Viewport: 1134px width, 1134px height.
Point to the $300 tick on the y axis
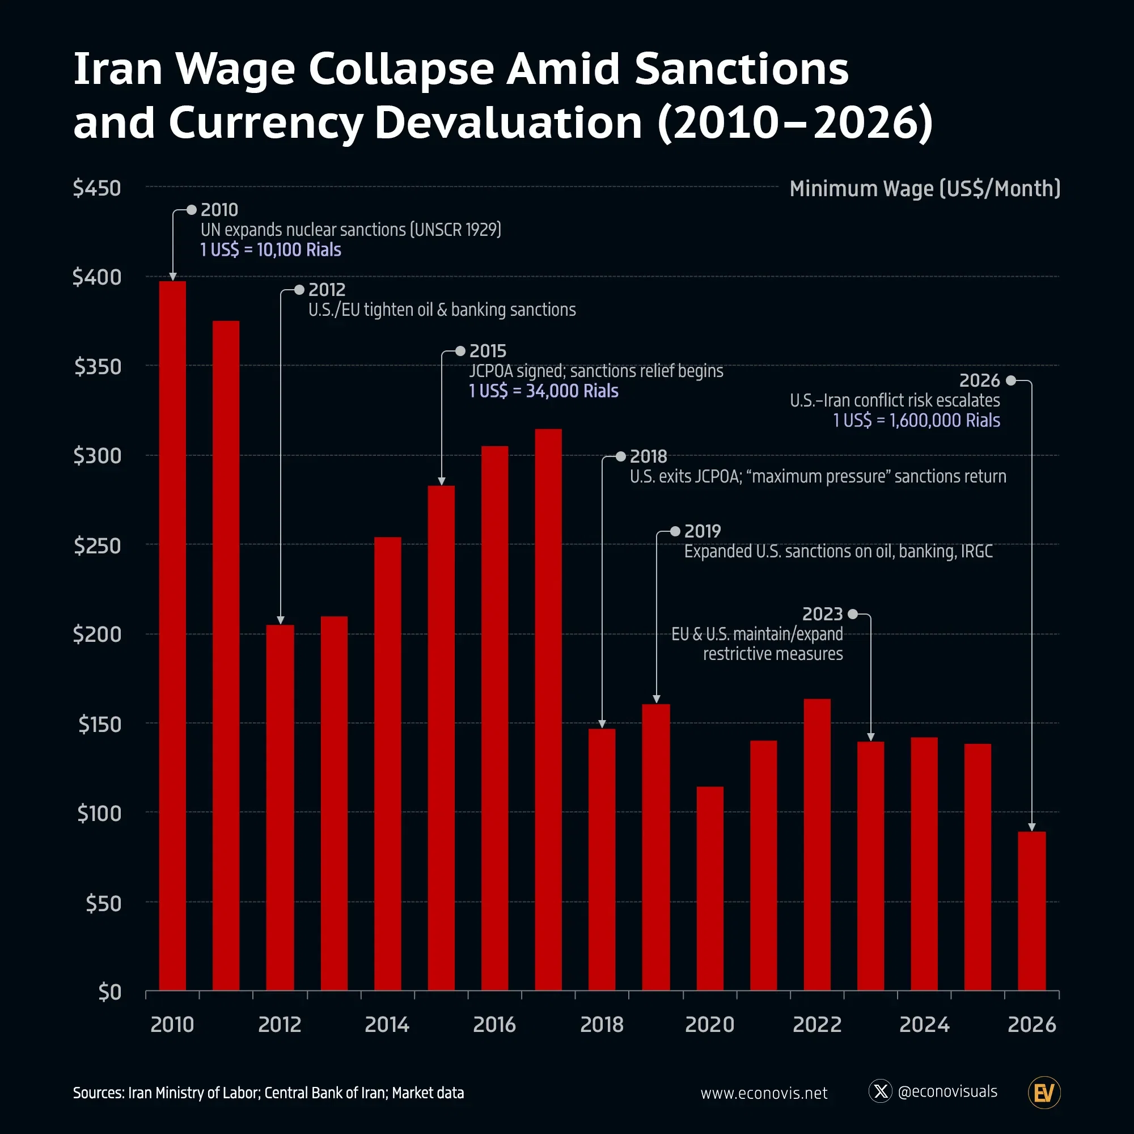(x=98, y=455)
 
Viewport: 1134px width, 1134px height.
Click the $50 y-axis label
(x=103, y=903)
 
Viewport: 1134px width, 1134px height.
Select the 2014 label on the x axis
(x=387, y=1025)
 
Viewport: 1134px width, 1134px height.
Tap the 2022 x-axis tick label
(x=817, y=1025)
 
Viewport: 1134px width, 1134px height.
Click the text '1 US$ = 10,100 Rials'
(x=270, y=250)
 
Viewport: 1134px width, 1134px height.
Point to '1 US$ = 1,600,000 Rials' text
(x=916, y=421)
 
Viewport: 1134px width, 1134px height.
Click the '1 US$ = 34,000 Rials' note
(x=544, y=391)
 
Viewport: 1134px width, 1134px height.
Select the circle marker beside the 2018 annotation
(x=621, y=456)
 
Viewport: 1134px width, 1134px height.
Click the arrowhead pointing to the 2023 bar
(x=870, y=737)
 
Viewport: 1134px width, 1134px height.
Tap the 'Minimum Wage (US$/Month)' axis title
(x=924, y=189)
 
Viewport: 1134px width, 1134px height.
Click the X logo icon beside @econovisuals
(x=881, y=1091)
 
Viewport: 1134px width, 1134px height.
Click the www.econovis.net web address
(x=764, y=1093)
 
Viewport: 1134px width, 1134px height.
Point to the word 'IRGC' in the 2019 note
(x=977, y=552)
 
